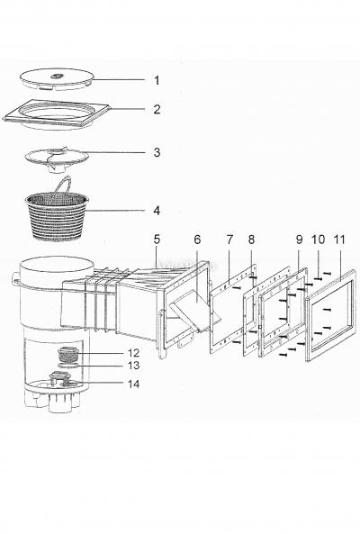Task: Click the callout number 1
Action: coord(157,81)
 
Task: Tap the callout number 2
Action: coord(157,109)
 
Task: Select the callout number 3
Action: coord(157,152)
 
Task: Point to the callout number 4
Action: coord(157,211)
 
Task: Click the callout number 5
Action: coord(157,240)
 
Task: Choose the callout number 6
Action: coord(197,240)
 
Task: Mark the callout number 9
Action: coord(299,240)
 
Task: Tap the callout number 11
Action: coord(339,240)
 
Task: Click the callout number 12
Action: coord(134,353)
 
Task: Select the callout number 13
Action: coord(134,366)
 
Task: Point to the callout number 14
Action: coord(134,384)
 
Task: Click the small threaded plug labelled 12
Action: coord(69,354)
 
